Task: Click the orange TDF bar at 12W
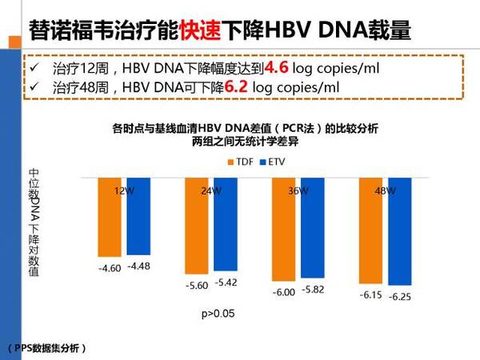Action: [x=110, y=215]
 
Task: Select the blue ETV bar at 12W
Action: [x=137, y=214]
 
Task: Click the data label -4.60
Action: [x=110, y=268]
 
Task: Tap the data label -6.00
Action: [x=284, y=292]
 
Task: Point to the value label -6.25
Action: [x=398, y=297]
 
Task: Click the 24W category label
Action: [x=211, y=191]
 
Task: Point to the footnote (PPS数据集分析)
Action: [x=47, y=349]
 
